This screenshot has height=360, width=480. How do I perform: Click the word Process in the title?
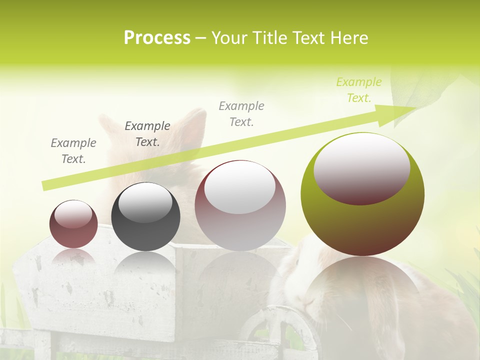[157, 38]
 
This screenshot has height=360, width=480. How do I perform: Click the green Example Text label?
[358, 90]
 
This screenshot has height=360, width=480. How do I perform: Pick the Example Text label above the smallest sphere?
[73, 150]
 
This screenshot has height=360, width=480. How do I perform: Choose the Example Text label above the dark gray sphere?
[147, 133]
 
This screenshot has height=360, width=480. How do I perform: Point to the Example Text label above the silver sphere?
[241, 113]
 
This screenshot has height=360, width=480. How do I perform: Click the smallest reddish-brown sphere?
[73, 235]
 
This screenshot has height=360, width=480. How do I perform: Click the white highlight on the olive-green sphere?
[361, 167]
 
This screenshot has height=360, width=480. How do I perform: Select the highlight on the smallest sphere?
[73, 214]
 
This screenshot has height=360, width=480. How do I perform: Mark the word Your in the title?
[230, 38]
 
